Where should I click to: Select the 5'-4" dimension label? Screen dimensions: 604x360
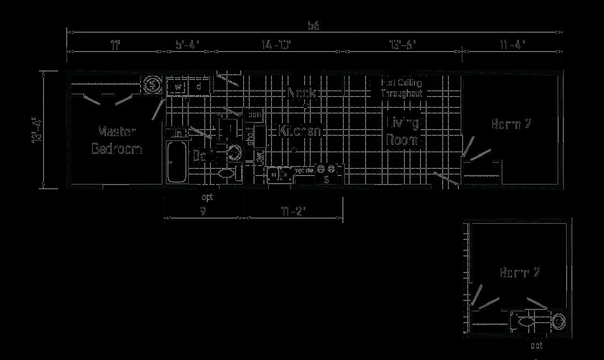coord(188,45)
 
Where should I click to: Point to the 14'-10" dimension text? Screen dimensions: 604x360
coord(276,45)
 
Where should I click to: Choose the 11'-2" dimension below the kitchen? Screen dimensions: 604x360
coord(294,211)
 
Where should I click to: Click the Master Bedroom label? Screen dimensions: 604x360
coord(116,140)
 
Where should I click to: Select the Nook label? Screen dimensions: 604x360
coord(301,93)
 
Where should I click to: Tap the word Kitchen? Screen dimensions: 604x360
coord(300,131)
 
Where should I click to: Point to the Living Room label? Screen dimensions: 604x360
coord(403,132)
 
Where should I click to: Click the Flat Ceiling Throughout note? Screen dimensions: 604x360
coord(401,88)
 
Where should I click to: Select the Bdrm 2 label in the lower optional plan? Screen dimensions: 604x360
coord(520,273)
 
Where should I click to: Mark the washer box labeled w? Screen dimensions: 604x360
coord(178,87)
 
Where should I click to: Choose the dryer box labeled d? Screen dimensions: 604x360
coord(199,87)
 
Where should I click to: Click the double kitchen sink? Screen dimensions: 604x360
coord(280,176)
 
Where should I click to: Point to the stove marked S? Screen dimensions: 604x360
coord(326,176)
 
